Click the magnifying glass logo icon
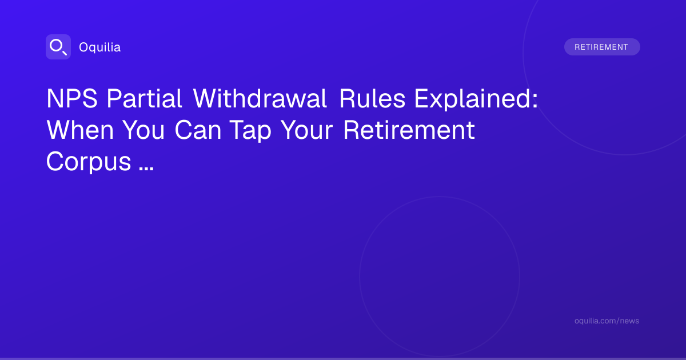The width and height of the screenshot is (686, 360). click(x=58, y=47)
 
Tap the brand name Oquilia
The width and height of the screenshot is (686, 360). click(x=100, y=47)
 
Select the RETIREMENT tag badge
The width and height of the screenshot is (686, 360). click(x=602, y=47)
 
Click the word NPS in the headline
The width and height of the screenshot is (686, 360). click(x=72, y=98)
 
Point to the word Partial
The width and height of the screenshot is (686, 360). click(x=144, y=98)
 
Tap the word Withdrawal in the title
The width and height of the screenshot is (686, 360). click(x=260, y=98)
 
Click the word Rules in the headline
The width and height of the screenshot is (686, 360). click(x=372, y=98)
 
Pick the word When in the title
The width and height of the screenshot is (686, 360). click(x=80, y=130)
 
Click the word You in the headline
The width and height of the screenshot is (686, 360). click(x=143, y=130)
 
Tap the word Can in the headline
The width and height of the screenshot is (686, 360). click(x=198, y=130)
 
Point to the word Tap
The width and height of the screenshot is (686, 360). click(x=250, y=131)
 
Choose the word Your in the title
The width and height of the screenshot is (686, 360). click(x=307, y=130)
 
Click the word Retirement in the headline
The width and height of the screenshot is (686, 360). click(x=409, y=130)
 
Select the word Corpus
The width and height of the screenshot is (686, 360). click(x=89, y=162)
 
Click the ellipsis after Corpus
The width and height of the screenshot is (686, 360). click(x=146, y=169)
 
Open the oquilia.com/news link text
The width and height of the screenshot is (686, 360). click(x=607, y=321)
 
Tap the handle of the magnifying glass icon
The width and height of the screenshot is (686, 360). click(x=65, y=53)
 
